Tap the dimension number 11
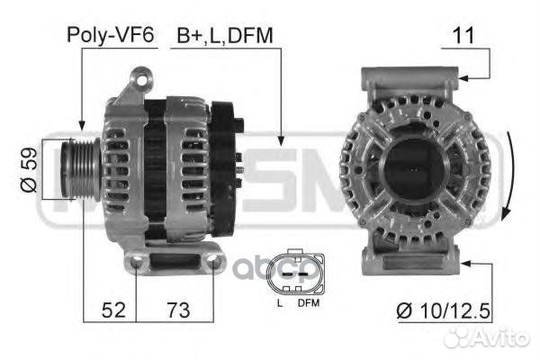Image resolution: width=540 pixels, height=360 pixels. [x=464, y=35]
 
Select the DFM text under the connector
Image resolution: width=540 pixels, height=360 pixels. [x=308, y=303]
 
